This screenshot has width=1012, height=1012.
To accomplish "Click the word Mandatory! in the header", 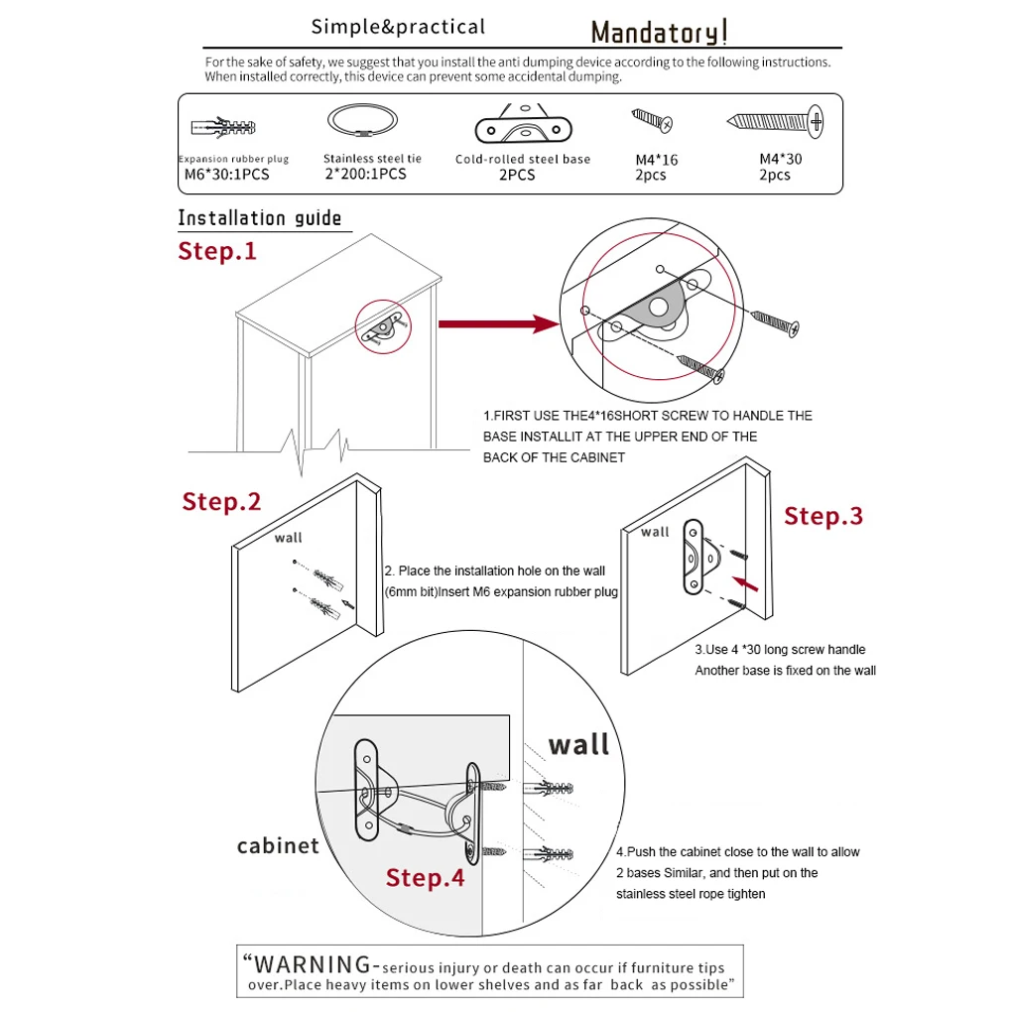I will (660, 33).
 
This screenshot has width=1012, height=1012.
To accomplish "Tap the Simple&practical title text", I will (398, 27).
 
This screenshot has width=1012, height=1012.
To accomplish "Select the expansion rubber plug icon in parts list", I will (223, 128).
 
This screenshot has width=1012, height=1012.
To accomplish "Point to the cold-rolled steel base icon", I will (524, 127).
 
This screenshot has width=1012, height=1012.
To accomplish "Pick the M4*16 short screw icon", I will (653, 121).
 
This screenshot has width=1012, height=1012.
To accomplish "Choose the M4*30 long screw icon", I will (777, 122).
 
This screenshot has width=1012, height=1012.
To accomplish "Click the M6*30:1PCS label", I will (226, 175).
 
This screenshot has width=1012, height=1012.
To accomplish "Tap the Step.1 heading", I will (217, 251).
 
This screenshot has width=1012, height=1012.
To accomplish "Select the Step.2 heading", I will (221, 502).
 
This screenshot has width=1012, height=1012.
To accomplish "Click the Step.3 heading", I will (823, 516).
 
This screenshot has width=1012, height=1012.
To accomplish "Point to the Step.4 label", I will (425, 878).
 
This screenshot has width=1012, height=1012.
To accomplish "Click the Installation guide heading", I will (260, 218).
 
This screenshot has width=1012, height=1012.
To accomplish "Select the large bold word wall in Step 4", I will (578, 744).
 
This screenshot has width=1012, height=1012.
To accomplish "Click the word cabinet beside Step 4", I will (278, 845).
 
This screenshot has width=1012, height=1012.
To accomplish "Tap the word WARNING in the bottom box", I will (313, 963).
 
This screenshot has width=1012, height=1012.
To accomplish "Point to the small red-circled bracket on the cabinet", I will (383, 325).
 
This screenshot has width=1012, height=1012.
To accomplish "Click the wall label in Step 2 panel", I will (289, 538).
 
